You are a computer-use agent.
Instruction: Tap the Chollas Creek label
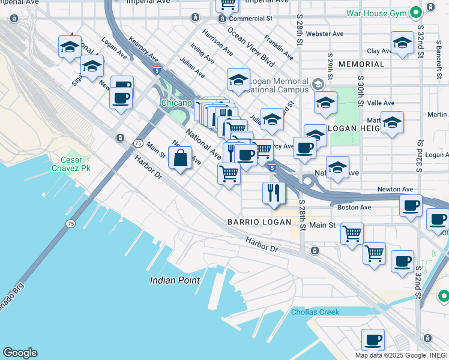[315, 312]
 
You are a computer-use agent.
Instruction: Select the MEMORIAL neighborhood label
[361, 64]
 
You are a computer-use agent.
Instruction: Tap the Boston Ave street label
[354, 208]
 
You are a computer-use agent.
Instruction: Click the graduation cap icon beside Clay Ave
[402, 43]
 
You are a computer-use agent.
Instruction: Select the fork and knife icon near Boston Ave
[274, 193]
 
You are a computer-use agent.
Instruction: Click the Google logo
[20, 353]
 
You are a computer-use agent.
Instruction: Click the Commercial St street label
[250, 19]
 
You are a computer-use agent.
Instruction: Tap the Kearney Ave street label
[144, 51]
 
